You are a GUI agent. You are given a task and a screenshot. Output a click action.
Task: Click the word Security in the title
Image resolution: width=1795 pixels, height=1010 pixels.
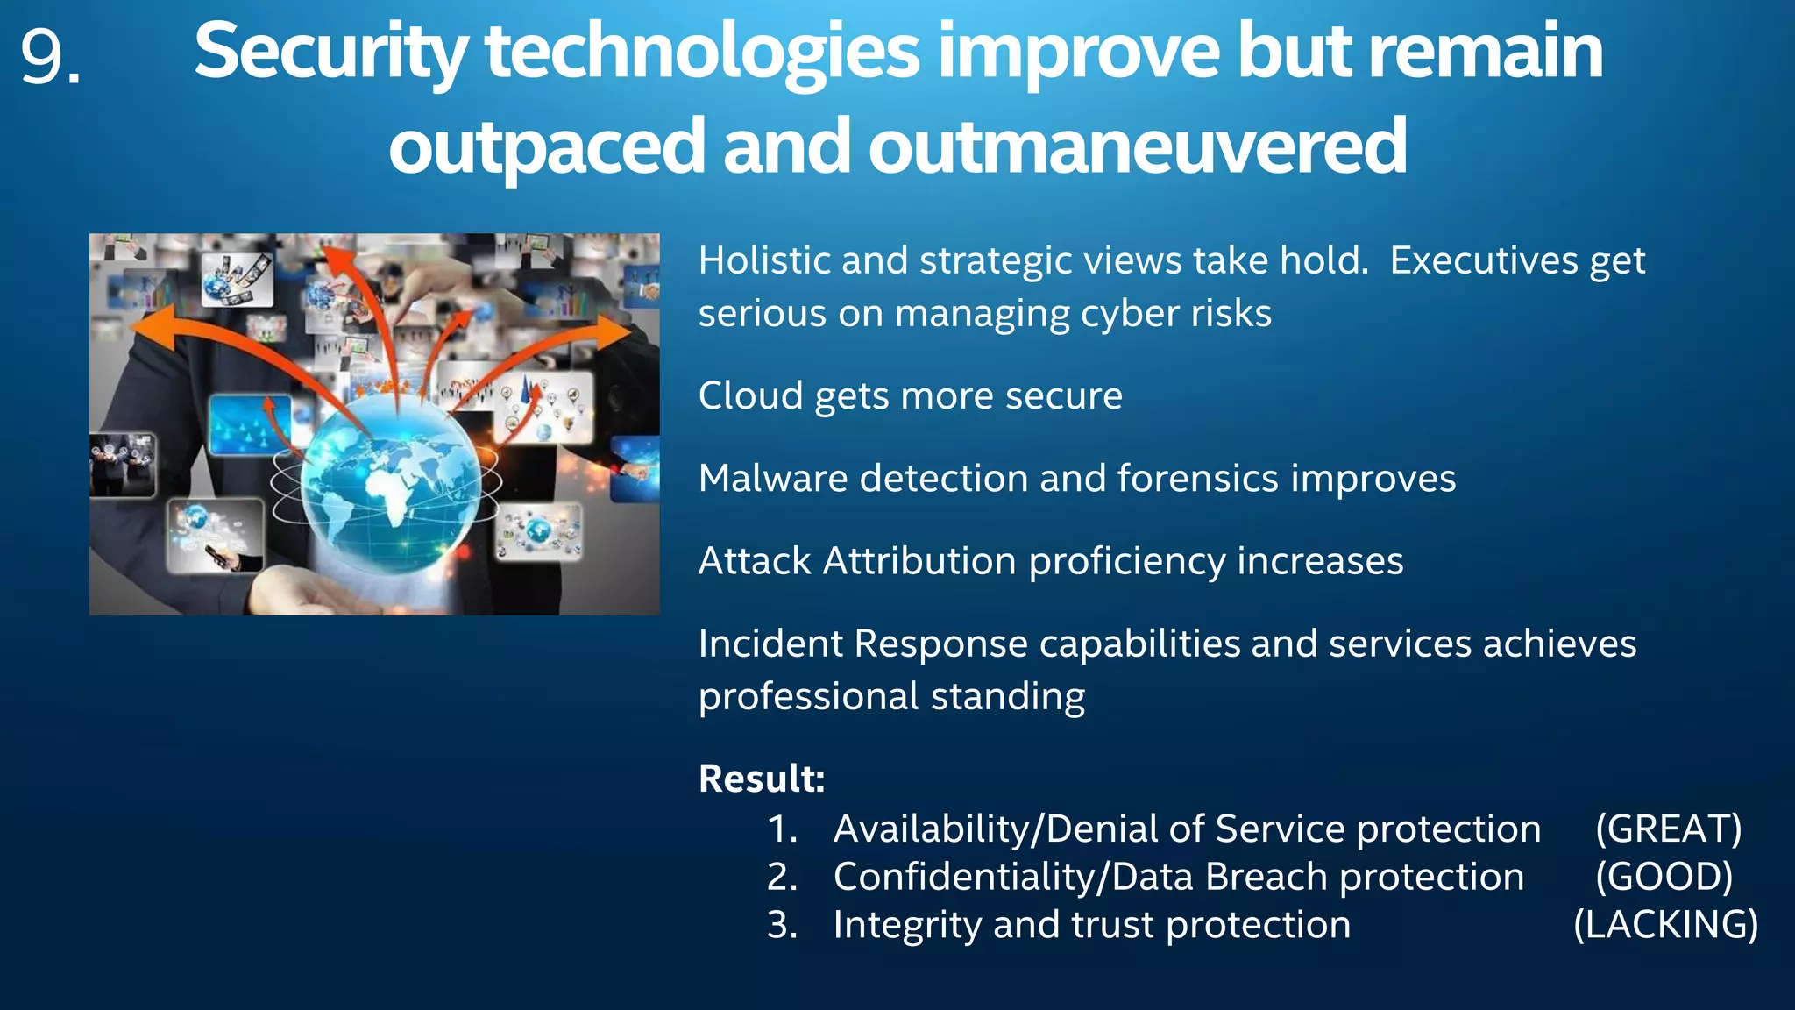[330, 53]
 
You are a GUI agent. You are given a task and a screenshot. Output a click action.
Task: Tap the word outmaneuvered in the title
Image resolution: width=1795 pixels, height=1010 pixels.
[1137, 146]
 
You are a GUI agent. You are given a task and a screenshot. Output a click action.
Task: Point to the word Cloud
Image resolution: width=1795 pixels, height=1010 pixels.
[750, 395]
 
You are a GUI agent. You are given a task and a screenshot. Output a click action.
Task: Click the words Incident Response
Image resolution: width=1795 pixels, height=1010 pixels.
[862, 644]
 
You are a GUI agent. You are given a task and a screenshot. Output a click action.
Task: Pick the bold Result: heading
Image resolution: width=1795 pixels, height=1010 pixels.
[761, 779]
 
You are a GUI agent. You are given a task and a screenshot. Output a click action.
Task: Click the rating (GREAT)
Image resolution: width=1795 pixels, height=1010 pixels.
[1668, 829]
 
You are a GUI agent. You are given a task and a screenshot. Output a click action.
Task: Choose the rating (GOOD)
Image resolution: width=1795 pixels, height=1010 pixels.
[1664, 877]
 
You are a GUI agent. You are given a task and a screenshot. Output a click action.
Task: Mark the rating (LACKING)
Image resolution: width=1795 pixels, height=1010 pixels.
[1665, 925]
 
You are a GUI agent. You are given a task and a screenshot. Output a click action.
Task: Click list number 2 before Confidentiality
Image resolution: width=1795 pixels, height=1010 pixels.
[780, 877]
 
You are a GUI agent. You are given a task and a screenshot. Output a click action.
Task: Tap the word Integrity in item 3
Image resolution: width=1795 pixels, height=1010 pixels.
[906, 926]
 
